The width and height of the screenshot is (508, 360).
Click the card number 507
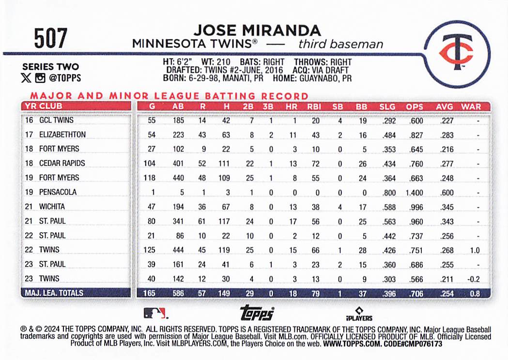point(50,38)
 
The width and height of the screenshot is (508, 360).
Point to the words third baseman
point(341,45)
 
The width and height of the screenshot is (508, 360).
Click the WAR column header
point(471,106)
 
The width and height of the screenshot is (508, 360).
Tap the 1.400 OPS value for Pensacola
point(414,193)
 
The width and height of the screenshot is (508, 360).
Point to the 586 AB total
point(178,293)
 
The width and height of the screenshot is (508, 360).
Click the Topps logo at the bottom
point(257,312)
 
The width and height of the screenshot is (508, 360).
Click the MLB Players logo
point(358,314)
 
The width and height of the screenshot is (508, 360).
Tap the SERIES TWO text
point(50,67)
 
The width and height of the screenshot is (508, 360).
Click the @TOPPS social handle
point(64,77)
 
